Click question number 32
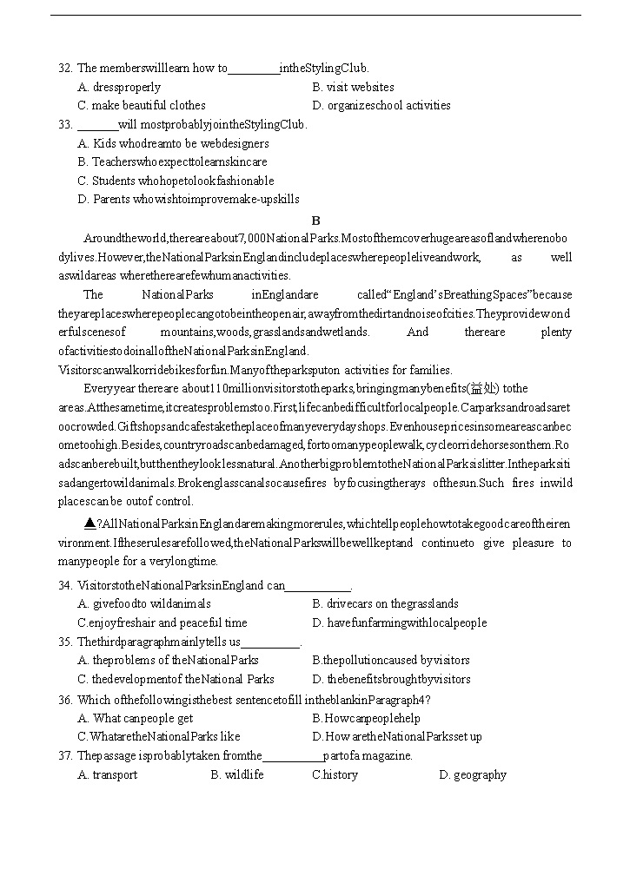[x=65, y=69]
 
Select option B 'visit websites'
[x=353, y=87]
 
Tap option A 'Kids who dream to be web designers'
[x=173, y=143]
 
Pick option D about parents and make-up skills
[x=189, y=200]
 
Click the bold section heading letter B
[x=316, y=221]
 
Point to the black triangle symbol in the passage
[x=90, y=524]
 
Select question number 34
[x=65, y=585]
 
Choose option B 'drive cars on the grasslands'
[x=386, y=604]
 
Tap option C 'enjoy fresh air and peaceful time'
[x=162, y=622]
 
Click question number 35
[x=65, y=642]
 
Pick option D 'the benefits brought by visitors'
[x=391, y=680]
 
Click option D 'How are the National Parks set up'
[x=397, y=737]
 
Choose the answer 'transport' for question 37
[x=108, y=775]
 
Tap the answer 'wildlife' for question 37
[x=237, y=775]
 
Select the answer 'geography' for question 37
[x=473, y=775]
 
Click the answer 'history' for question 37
[x=335, y=775]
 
